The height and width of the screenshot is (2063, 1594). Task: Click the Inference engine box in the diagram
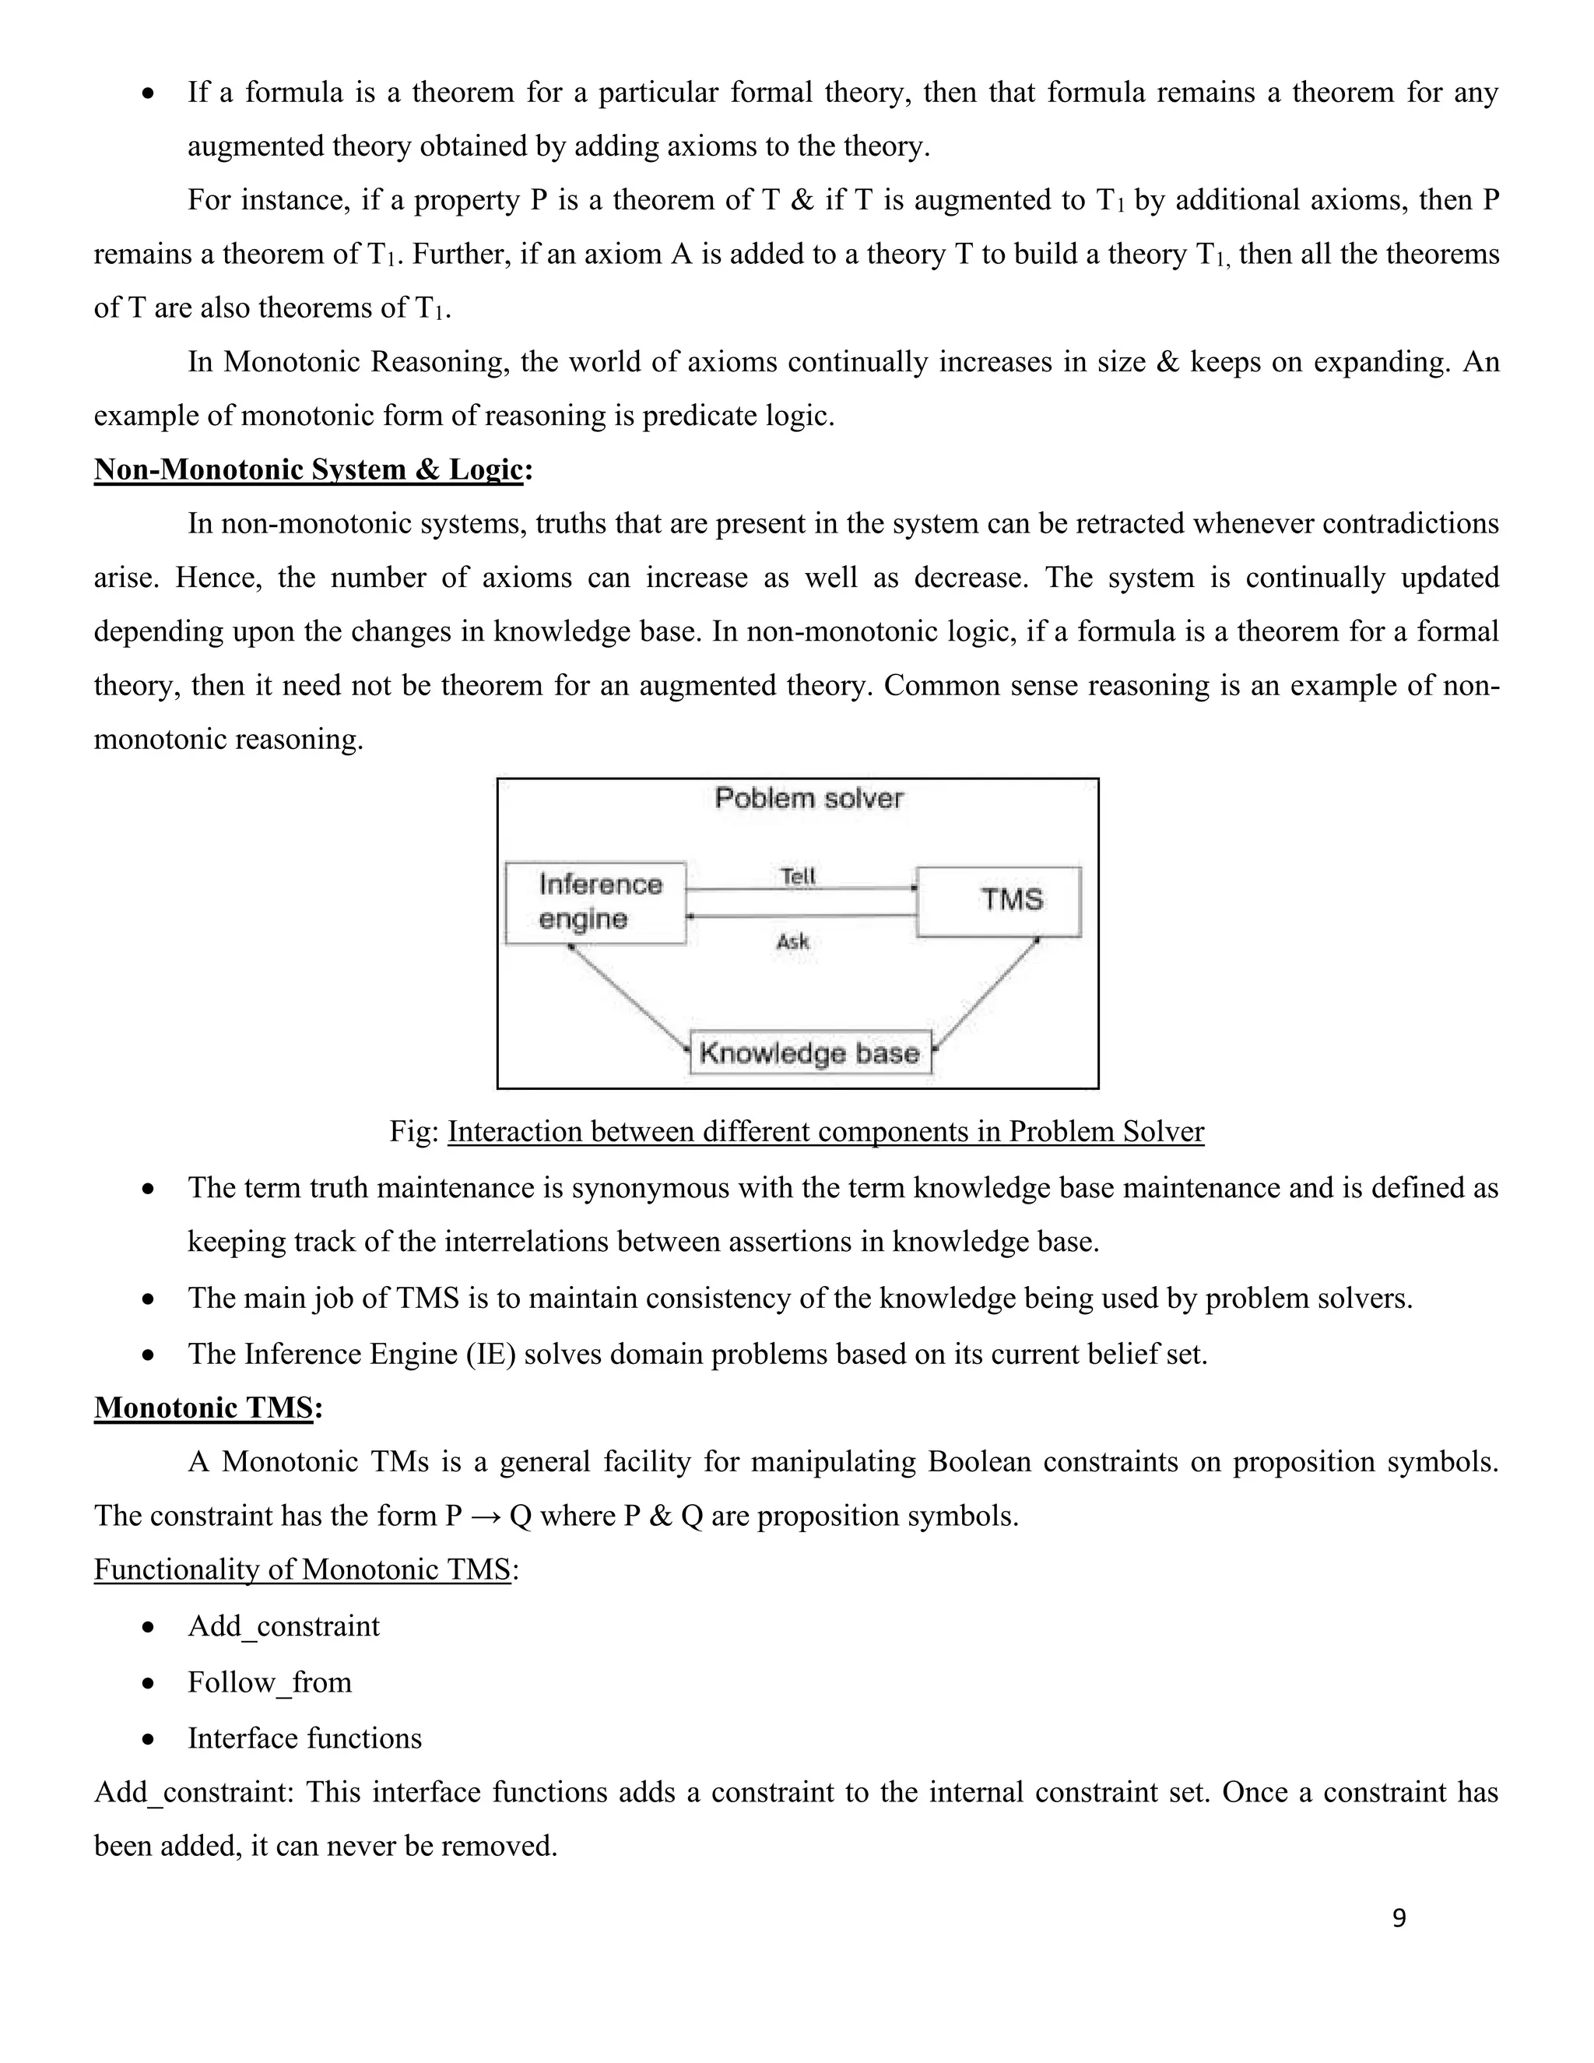595,902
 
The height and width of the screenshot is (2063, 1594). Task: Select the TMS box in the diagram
999,900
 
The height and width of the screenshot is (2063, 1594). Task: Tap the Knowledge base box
810,1053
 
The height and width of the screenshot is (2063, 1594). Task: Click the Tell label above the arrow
798,876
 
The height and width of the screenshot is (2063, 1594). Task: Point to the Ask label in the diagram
793,941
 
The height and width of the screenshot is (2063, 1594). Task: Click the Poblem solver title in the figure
809,798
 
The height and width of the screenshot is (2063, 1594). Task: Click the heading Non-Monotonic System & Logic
309,469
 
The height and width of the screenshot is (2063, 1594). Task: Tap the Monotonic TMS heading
204,1408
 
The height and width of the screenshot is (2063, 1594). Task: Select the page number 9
1399,1917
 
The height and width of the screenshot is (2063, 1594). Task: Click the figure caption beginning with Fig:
797,1132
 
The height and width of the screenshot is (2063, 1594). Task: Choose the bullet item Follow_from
269,1682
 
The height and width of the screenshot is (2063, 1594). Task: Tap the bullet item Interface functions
304,1738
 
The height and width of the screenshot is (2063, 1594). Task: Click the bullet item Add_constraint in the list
283,1625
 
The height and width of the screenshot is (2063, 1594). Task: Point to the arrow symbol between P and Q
486,1516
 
